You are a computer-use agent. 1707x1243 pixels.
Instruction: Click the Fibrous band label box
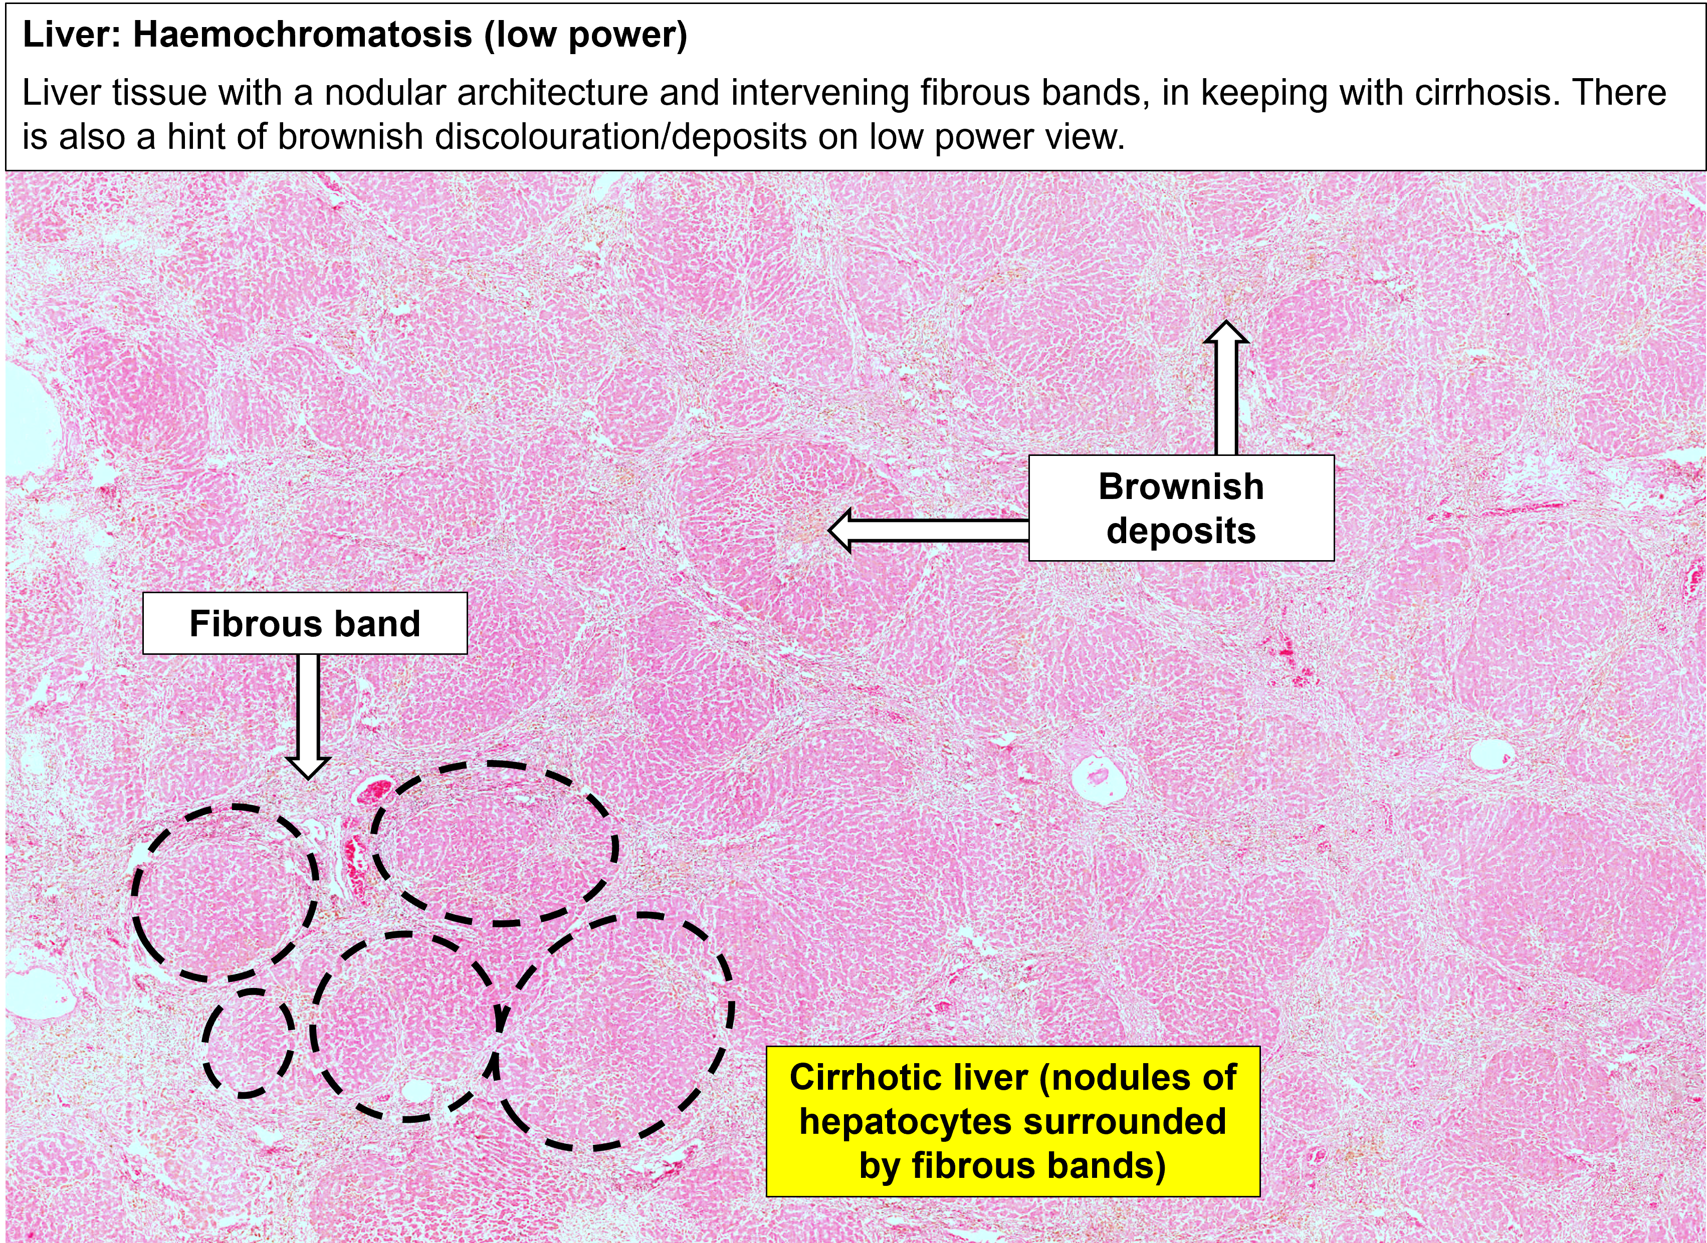coord(305,623)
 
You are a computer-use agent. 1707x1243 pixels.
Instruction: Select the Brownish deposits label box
coord(1181,508)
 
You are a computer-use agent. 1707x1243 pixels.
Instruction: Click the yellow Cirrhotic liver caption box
coord(1012,1121)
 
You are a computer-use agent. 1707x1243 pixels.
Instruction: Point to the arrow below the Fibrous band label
coord(308,715)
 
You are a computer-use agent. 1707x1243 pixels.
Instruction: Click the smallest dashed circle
coord(249,1042)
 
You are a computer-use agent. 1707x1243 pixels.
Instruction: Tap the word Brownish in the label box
coord(1181,486)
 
